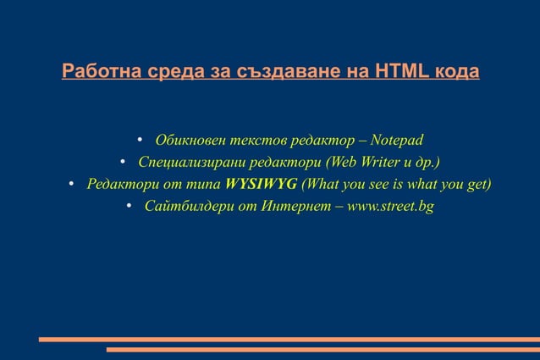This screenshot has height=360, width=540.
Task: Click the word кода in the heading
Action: click(457, 71)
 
